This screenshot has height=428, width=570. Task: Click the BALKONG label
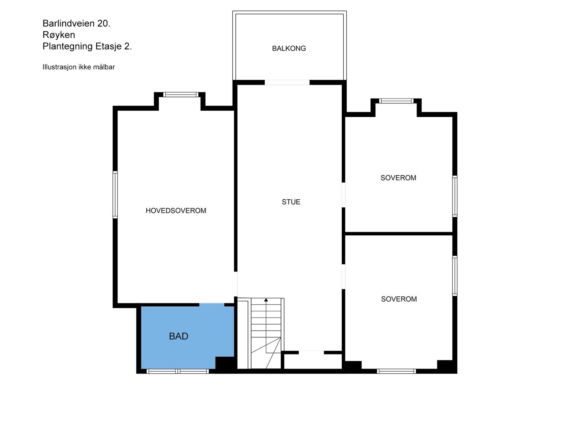[x=289, y=49]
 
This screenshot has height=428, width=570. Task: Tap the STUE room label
[x=291, y=202]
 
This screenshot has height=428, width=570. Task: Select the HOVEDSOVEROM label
[x=176, y=211]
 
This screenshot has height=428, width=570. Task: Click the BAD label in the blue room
[x=178, y=336]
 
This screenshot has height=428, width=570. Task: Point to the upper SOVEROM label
[x=398, y=178]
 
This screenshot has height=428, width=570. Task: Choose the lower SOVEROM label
[x=399, y=299]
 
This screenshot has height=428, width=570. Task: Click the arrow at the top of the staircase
[x=266, y=300]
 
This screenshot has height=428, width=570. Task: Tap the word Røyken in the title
[x=59, y=35]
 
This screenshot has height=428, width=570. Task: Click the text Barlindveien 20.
[x=77, y=24]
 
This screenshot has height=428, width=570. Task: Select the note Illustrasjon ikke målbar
[x=79, y=67]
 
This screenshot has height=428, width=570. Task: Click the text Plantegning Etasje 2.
[x=87, y=46]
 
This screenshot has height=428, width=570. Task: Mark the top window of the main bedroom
[x=181, y=95]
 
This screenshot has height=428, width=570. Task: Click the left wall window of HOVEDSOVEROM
[x=115, y=195]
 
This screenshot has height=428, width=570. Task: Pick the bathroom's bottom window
[x=178, y=371]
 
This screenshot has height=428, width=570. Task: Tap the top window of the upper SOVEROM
[x=396, y=101]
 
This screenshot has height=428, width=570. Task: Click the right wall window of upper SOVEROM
[x=455, y=196]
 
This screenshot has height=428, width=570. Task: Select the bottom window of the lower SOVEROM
[x=396, y=371]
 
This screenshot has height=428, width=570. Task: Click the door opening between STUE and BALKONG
[x=287, y=83]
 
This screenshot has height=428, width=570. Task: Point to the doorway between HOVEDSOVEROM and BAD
[x=212, y=304]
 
